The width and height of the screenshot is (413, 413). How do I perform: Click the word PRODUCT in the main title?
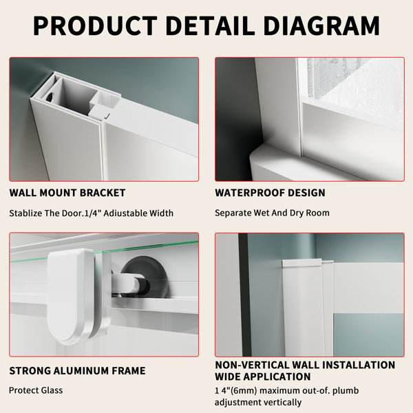95,25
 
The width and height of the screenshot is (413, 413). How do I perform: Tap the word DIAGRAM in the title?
321,25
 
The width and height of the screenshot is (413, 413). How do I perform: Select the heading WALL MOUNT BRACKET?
67,193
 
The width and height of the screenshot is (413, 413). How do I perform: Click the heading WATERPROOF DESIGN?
270,193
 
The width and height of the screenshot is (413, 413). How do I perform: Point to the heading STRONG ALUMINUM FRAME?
77,370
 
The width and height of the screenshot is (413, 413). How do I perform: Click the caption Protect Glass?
36,390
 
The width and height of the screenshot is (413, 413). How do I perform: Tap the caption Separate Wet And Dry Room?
272,213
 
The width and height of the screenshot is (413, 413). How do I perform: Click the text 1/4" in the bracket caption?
92,213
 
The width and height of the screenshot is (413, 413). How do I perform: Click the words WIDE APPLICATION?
263,377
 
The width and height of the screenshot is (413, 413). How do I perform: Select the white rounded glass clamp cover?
71,296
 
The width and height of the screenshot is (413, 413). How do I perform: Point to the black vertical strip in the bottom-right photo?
244,295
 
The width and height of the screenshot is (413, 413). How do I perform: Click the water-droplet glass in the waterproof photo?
353,79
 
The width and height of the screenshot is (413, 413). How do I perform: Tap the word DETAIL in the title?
210,25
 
